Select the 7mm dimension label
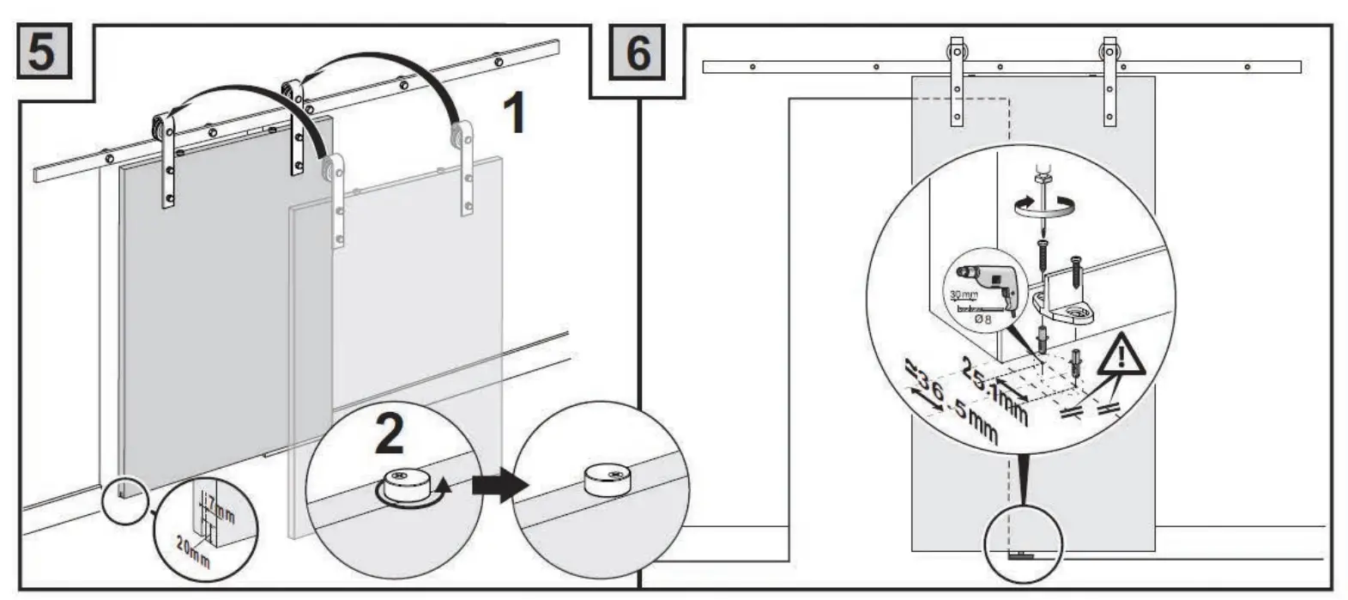tap(220, 512)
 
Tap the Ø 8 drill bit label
tap(983, 318)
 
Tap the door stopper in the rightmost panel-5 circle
tap(608, 479)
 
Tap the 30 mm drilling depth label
tap(963, 294)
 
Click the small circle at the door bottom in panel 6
tap(1023, 545)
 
